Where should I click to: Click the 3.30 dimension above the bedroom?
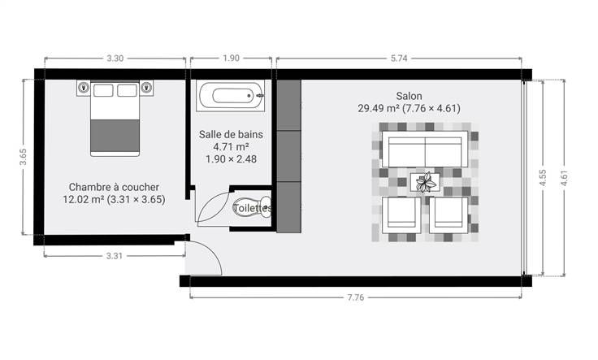click(115, 59)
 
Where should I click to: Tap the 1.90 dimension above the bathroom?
click(231, 58)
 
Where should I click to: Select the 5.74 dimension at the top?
click(399, 59)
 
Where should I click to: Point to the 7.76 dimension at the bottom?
click(355, 297)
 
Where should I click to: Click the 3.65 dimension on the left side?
click(24, 157)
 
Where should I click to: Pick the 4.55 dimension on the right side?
click(543, 178)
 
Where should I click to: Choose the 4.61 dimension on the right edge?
click(565, 178)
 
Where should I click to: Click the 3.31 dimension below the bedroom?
click(114, 256)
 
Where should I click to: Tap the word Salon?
click(409, 96)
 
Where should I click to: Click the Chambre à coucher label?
click(114, 187)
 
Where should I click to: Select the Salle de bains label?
click(231, 135)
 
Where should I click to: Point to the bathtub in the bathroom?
click(231, 96)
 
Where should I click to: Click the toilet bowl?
click(252, 207)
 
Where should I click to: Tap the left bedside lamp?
click(83, 88)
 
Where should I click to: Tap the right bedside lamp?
click(146, 88)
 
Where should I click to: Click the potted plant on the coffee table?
click(426, 182)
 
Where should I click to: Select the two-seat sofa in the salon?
click(425, 149)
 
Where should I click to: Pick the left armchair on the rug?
click(401, 215)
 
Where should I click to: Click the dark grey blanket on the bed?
click(115, 137)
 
